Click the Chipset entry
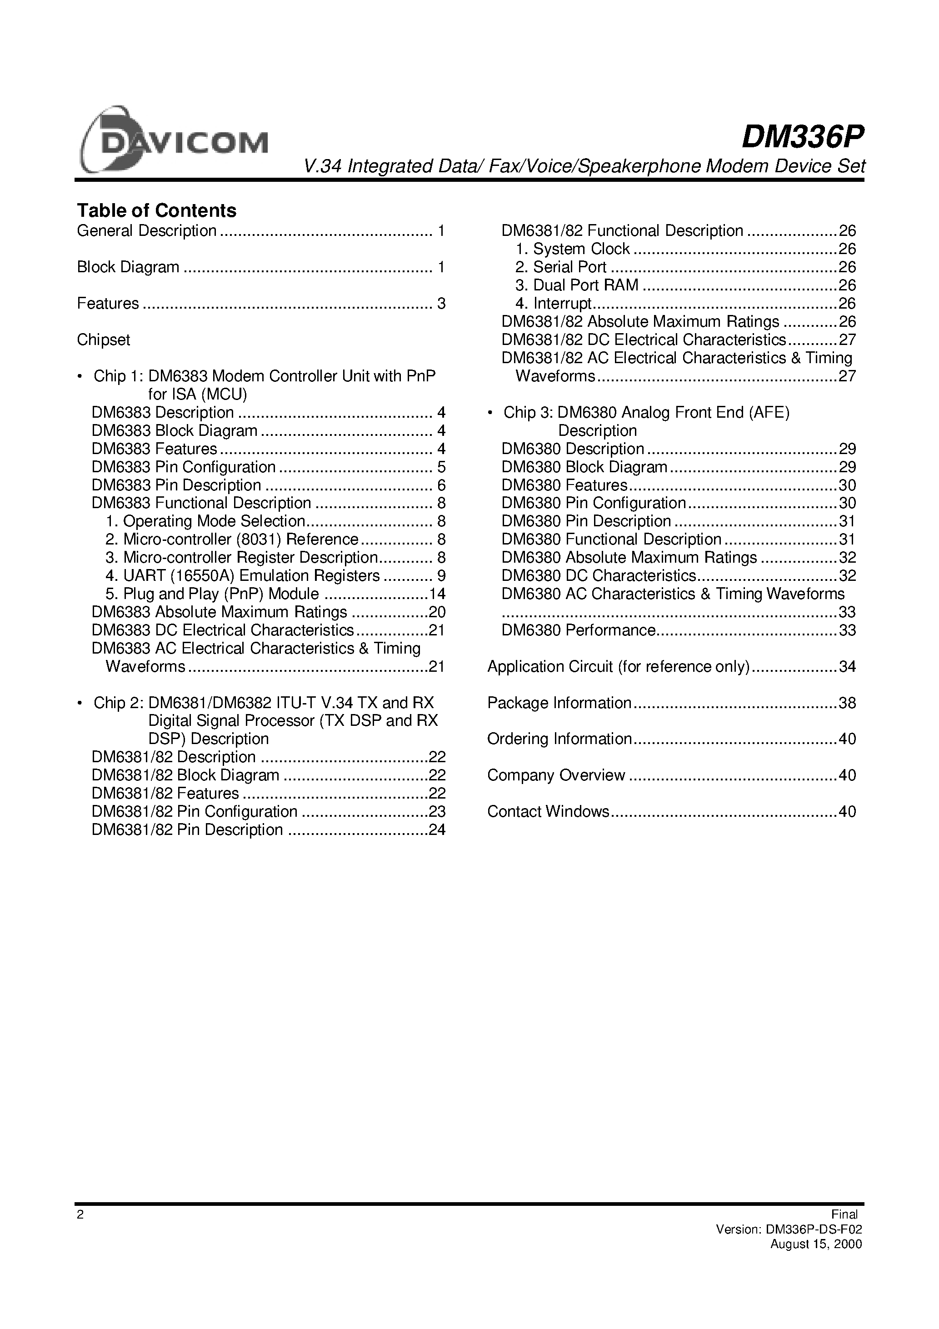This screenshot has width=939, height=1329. [x=104, y=340]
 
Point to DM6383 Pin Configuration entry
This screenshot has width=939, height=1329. [x=184, y=467]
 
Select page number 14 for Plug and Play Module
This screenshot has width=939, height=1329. [x=437, y=594]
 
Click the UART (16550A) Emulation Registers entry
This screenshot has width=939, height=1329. [x=251, y=576]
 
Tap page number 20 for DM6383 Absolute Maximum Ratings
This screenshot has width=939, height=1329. [x=437, y=612]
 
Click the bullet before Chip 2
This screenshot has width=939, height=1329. [x=80, y=703]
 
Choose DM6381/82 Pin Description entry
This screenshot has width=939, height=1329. [x=187, y=829]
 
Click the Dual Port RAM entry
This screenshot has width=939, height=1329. [x=585, y=285]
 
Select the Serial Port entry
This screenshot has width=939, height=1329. [x=569, y=267]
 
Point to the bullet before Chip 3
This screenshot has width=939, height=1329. [x=490, y=413]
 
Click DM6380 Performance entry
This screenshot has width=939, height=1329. [x=578, y=630]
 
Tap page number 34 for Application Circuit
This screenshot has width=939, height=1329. [x=847, y=666]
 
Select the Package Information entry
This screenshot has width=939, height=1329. [x=559, y=703]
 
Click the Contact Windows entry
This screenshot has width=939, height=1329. [x=548, y=811]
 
